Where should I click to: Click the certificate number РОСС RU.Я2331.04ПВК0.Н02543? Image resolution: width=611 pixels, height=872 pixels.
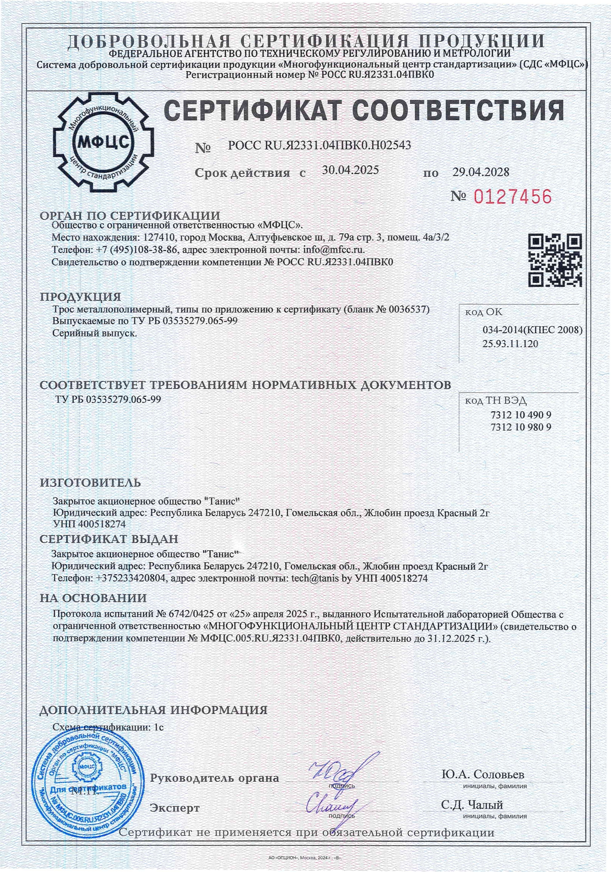tap(319, 145)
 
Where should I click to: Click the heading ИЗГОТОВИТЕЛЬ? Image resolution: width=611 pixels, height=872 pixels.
tap(90, 483)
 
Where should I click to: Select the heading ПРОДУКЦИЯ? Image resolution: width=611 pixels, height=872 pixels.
tap(80, 297)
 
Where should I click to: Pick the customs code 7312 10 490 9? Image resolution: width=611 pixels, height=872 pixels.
tap(521, 414)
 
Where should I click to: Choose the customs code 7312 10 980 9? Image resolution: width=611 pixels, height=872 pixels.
tap(521, 427)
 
